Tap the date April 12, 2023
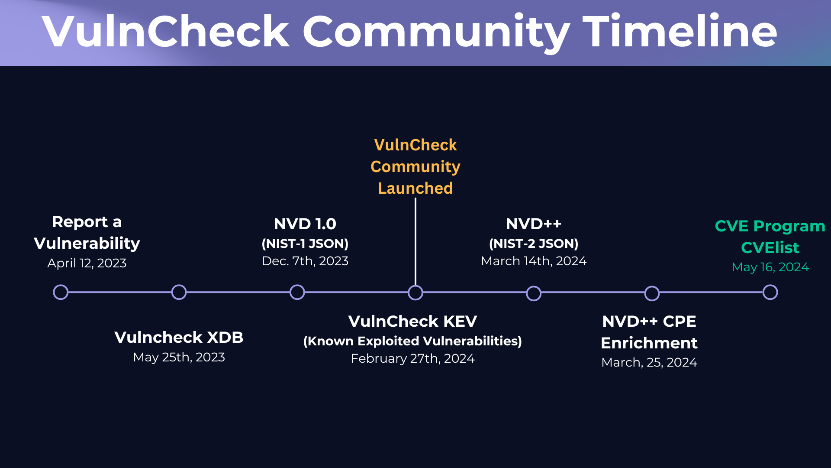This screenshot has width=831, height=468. coord(87,263)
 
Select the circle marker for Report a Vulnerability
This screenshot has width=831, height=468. coord(61,292)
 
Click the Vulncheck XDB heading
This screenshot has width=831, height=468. coord(179,337)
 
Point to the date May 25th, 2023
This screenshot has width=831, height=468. coord(179,357)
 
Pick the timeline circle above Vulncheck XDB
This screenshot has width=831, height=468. coord(179,292)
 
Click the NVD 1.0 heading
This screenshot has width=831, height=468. coord(305,224)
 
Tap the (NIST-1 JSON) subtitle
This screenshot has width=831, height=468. coord(305,244)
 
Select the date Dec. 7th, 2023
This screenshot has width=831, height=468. coord(305,261)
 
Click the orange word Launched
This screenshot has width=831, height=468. coord(415,188)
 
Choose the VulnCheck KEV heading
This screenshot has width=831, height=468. coord(412,321)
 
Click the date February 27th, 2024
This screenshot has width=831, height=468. coord(412,358)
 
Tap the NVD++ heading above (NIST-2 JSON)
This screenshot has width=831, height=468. coord(533,224)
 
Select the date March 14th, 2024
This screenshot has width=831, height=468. coord(533,261)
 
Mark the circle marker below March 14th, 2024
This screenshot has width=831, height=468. coord(534,293)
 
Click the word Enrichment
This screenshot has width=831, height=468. coord(649,343)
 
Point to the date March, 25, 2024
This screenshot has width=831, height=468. coord(649,362)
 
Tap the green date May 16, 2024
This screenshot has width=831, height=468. coord(770,267)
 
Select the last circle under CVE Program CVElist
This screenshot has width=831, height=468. coord(770,292)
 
